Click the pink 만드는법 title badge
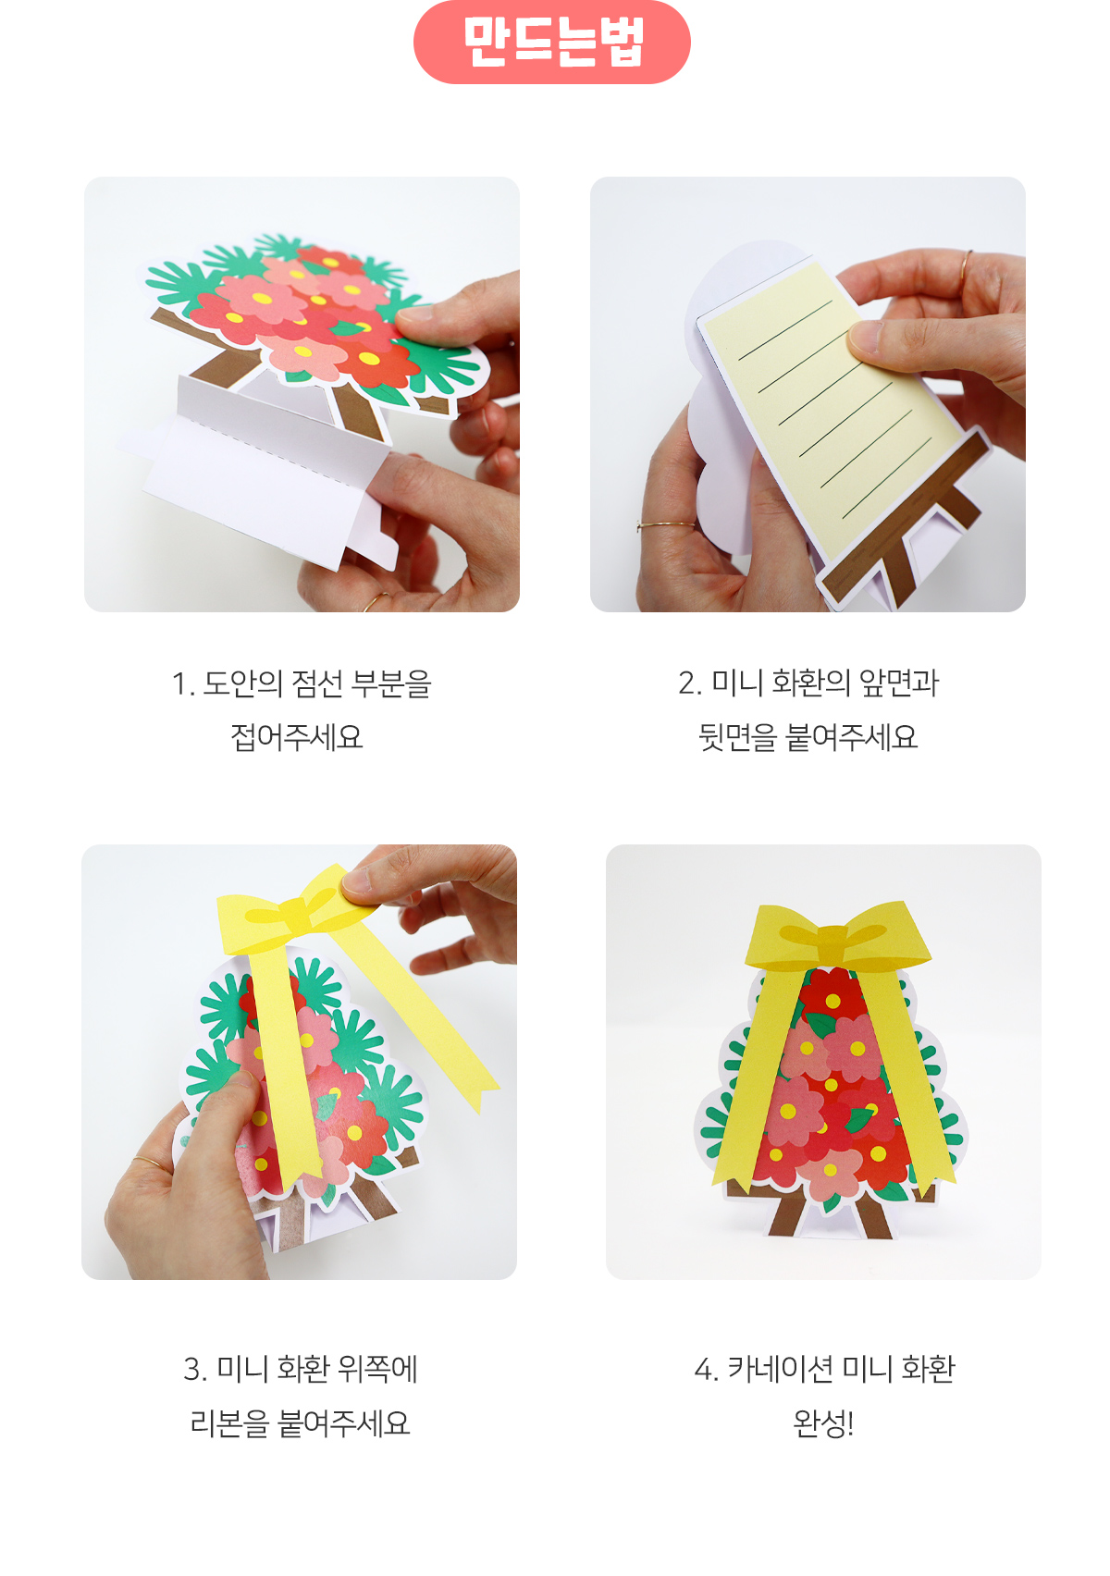[552, 43]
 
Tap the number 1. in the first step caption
[182, 684]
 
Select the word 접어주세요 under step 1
[296, 737]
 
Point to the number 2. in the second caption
[690, 683]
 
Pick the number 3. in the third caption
[195, 1370]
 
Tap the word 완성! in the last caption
[823, 1423]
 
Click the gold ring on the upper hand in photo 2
[967, 268]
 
